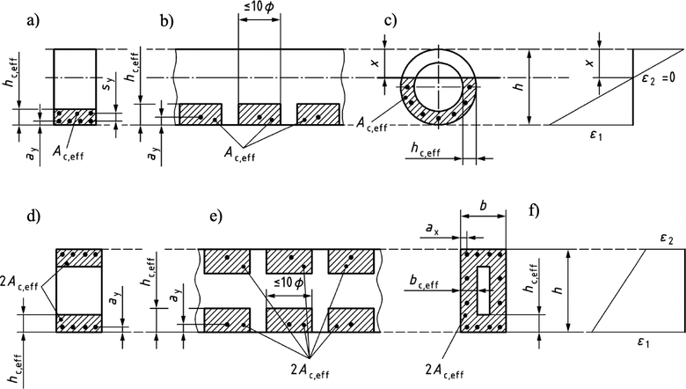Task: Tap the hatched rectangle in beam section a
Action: pyautogui.click(x=74, y=118)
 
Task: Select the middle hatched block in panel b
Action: pyautogui.click(x=259, y=114)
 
